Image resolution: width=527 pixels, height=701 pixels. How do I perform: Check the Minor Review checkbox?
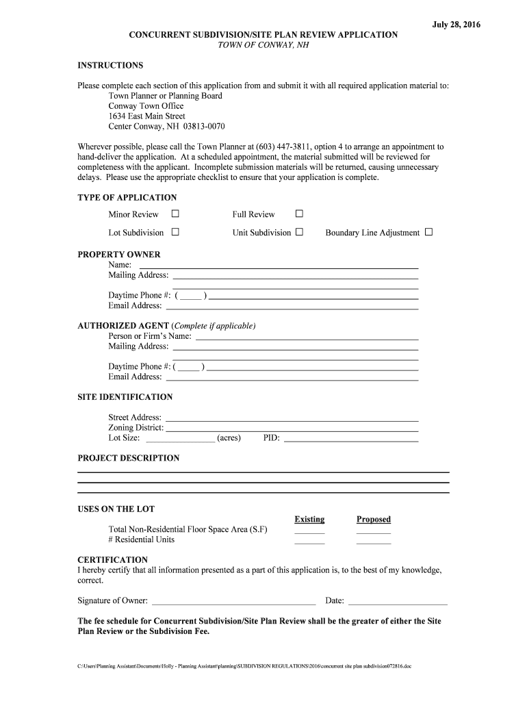(x=175, y=214)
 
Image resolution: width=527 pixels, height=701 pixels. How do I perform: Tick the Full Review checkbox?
(x=299, y=214)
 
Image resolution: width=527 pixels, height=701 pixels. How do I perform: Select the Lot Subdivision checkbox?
(x=175, y=232)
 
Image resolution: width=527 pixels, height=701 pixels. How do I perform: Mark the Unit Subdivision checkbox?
(x=299, y=232)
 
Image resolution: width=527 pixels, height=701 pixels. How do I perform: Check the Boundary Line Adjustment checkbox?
(x=428, y=232)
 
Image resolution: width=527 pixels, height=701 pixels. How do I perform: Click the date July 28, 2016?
(x=456, y=25)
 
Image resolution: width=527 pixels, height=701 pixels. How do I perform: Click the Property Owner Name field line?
(x=279, y=266)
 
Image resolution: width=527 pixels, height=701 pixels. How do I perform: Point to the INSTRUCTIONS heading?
(x=110, y=66)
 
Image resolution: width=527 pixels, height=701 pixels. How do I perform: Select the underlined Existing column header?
(x=309, y=520)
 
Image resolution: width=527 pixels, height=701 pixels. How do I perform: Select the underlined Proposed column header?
(x=373, y=520)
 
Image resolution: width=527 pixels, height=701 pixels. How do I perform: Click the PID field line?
(x=350, y=439)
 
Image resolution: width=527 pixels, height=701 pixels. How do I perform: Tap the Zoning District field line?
(x=292, y=429)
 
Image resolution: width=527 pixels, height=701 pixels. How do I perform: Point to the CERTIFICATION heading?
(x=112, y=560)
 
